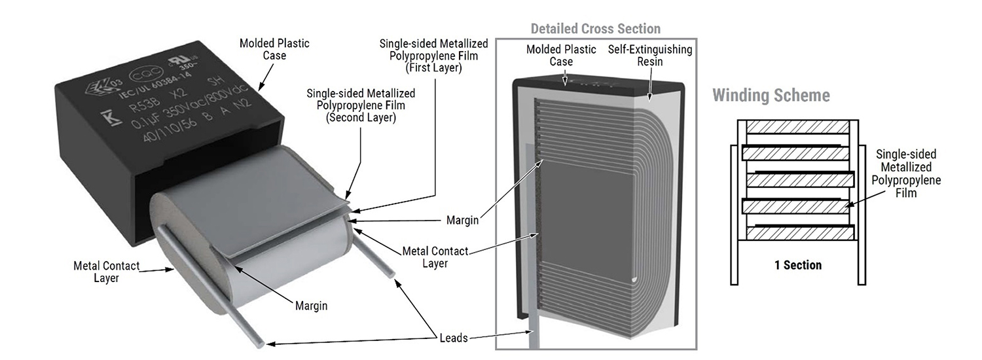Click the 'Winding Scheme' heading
[x=771, y=96]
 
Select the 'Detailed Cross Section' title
[x=595, y=29]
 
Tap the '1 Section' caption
[x=797, y=265]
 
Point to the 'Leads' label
[x=454, y=338]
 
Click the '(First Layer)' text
[x=433, y=68]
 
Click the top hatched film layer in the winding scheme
[x=797, y=128]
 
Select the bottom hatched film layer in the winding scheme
[x=800, y=232]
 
